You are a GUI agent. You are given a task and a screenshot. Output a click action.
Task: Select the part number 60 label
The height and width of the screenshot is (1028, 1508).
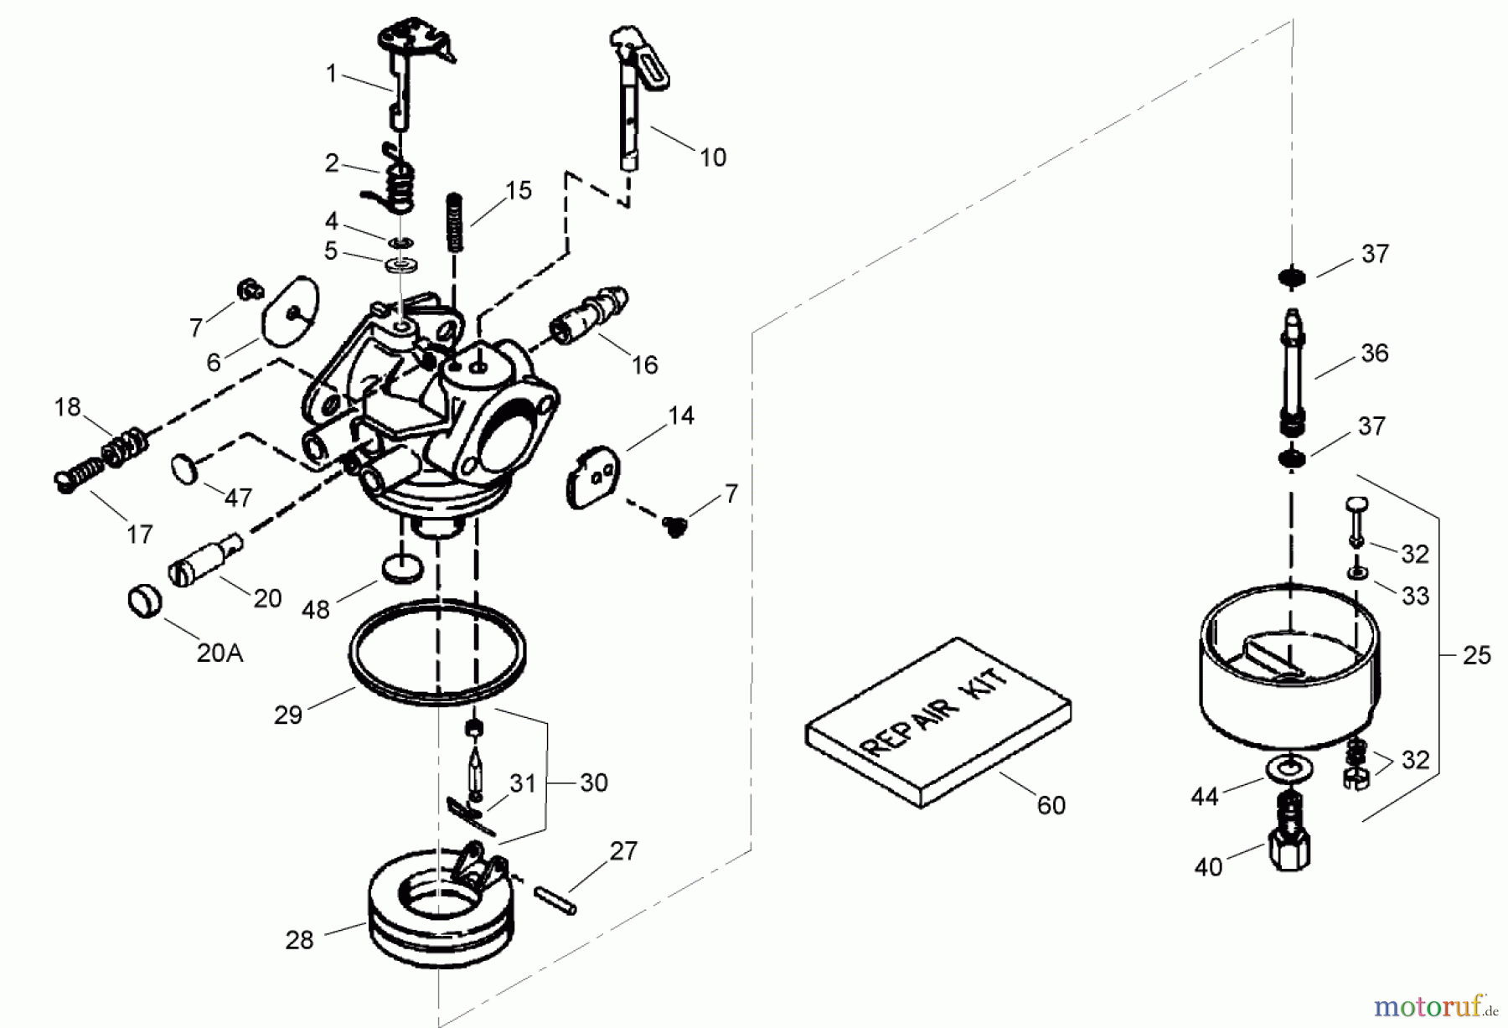pyautogui.click(x=1051, y=805)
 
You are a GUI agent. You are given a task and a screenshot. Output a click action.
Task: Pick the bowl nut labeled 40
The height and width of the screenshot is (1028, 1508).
pyautogui.click(x=1289, y=841)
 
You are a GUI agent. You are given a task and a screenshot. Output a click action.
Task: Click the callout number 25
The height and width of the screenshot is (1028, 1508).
pyautogui.click(x=1476, y=655)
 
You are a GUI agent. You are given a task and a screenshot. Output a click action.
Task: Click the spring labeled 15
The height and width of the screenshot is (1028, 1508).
pyautogui.click(x=455, y=221)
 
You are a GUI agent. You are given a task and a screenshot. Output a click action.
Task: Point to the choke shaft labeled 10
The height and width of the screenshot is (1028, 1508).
pyautogui.click(x=633, y=101)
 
